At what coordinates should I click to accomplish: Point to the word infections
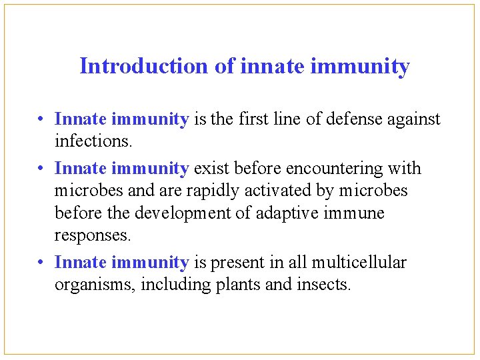[84, 141]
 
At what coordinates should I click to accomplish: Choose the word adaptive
[283, 213]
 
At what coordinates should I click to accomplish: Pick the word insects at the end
[323, 285]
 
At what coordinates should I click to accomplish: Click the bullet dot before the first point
[41, 120]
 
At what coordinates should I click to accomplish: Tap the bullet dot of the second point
[41, 169]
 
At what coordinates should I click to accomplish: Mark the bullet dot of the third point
[41, 263]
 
